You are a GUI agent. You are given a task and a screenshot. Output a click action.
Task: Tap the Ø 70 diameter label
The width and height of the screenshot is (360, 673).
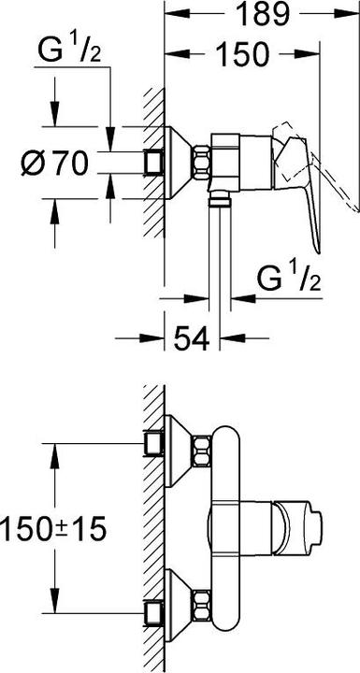click(x=54, y=164)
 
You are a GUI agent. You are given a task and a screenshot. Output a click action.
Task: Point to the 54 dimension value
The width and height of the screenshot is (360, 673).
click(x=192, y=338)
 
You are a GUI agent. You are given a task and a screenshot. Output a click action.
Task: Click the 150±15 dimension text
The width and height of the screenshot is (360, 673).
click(x=53, y=528)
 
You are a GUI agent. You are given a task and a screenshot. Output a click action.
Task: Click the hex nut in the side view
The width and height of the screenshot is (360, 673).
click(x=201, y=163)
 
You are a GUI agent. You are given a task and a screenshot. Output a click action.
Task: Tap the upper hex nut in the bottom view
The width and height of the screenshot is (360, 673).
click(x=201, y=451)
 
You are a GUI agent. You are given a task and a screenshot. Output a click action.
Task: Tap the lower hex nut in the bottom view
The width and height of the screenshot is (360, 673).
click(x=201, y=605)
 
